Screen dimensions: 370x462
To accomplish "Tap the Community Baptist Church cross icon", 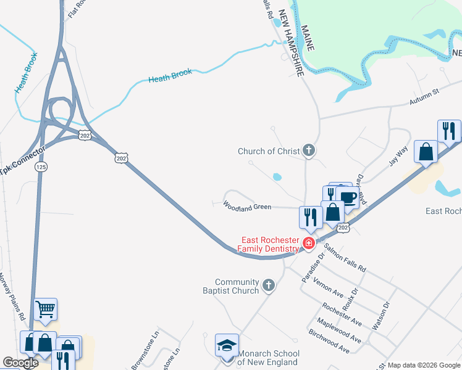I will click(x=267, y=285).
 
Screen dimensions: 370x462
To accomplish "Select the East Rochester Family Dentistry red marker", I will click(x=308, y=243).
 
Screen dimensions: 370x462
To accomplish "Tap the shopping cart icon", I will click(x=46, y=309).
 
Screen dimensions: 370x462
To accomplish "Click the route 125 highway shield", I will click(x=41, y=167).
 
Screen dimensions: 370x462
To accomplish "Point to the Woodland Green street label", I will click(x=247, y=207).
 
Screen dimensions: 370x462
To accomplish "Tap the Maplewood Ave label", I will click(x=339, y=331).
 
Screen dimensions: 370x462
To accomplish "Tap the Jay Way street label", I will click(x=399, y=154).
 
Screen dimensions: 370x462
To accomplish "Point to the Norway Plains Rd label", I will click(x=14, y=296).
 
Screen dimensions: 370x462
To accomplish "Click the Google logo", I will click(x=20, y=363).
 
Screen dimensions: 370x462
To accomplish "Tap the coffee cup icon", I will click(x=348, y=197).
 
